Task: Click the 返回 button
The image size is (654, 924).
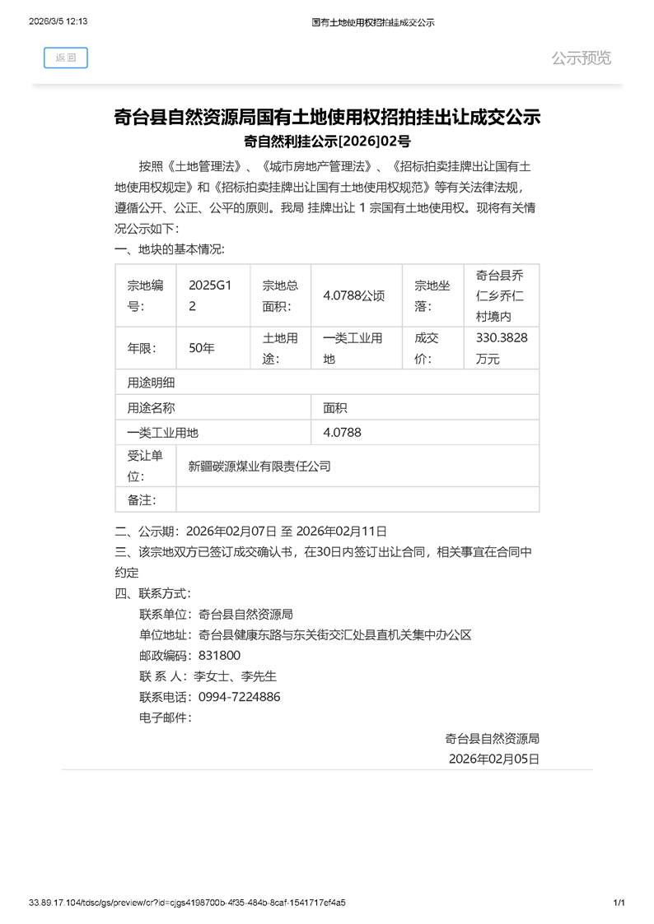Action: pos(65,58)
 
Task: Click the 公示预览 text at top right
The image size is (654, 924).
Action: pos(581,58)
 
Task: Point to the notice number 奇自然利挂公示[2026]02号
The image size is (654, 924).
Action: pos(327,141)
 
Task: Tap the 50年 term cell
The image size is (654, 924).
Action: pos(201,348)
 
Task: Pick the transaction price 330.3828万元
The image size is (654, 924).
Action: pos(502,348)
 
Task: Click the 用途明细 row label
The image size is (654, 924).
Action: pos(151,383)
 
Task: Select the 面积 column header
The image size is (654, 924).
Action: pos(335,407)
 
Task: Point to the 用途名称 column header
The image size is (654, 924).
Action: pos(151,407)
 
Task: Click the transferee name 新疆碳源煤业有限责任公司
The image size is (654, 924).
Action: pos(259,467)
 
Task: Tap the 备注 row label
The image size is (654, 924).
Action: pos(142,499)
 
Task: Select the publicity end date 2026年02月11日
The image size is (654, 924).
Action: pos(341,531)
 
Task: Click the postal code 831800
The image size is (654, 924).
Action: pos(220,655)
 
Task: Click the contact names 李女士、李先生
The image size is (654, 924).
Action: pos(235,676)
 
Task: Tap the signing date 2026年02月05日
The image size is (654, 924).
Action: pos(493,758)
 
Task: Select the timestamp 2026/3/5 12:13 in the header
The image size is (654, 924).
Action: pos(58,22)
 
